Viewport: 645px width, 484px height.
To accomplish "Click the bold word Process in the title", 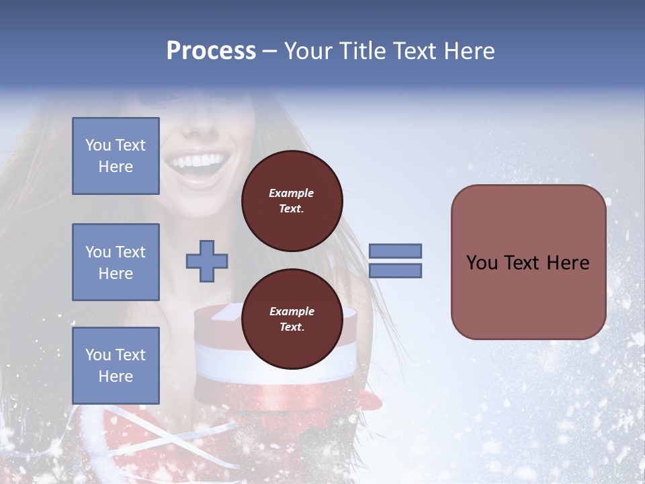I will tap(211, 51).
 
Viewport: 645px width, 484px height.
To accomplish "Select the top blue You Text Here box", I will tap(116, 156).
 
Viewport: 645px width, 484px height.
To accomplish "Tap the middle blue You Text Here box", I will tap(116, 262).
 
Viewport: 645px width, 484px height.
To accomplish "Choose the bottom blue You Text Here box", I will tap(116, 365).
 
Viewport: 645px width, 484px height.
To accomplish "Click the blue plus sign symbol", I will tap(207, 261).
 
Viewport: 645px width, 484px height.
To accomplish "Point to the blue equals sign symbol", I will tap(395, 261).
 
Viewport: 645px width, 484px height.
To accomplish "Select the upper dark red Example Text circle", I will tap(292, 200).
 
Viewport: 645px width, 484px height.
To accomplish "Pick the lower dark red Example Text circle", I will tap(292, 319).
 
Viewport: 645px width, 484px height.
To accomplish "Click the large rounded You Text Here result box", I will tap(528, 262).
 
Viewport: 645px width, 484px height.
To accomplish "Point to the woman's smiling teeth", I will tap(197, 162).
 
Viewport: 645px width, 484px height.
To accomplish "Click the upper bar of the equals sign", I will tap(395, 251).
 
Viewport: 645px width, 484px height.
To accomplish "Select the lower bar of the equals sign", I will tap(395, 271).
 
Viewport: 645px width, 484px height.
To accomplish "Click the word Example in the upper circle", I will tap(292, 193).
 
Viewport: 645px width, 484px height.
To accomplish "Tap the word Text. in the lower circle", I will tap(292, 327).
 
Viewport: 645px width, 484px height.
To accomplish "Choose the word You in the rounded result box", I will tap(482, 263).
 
